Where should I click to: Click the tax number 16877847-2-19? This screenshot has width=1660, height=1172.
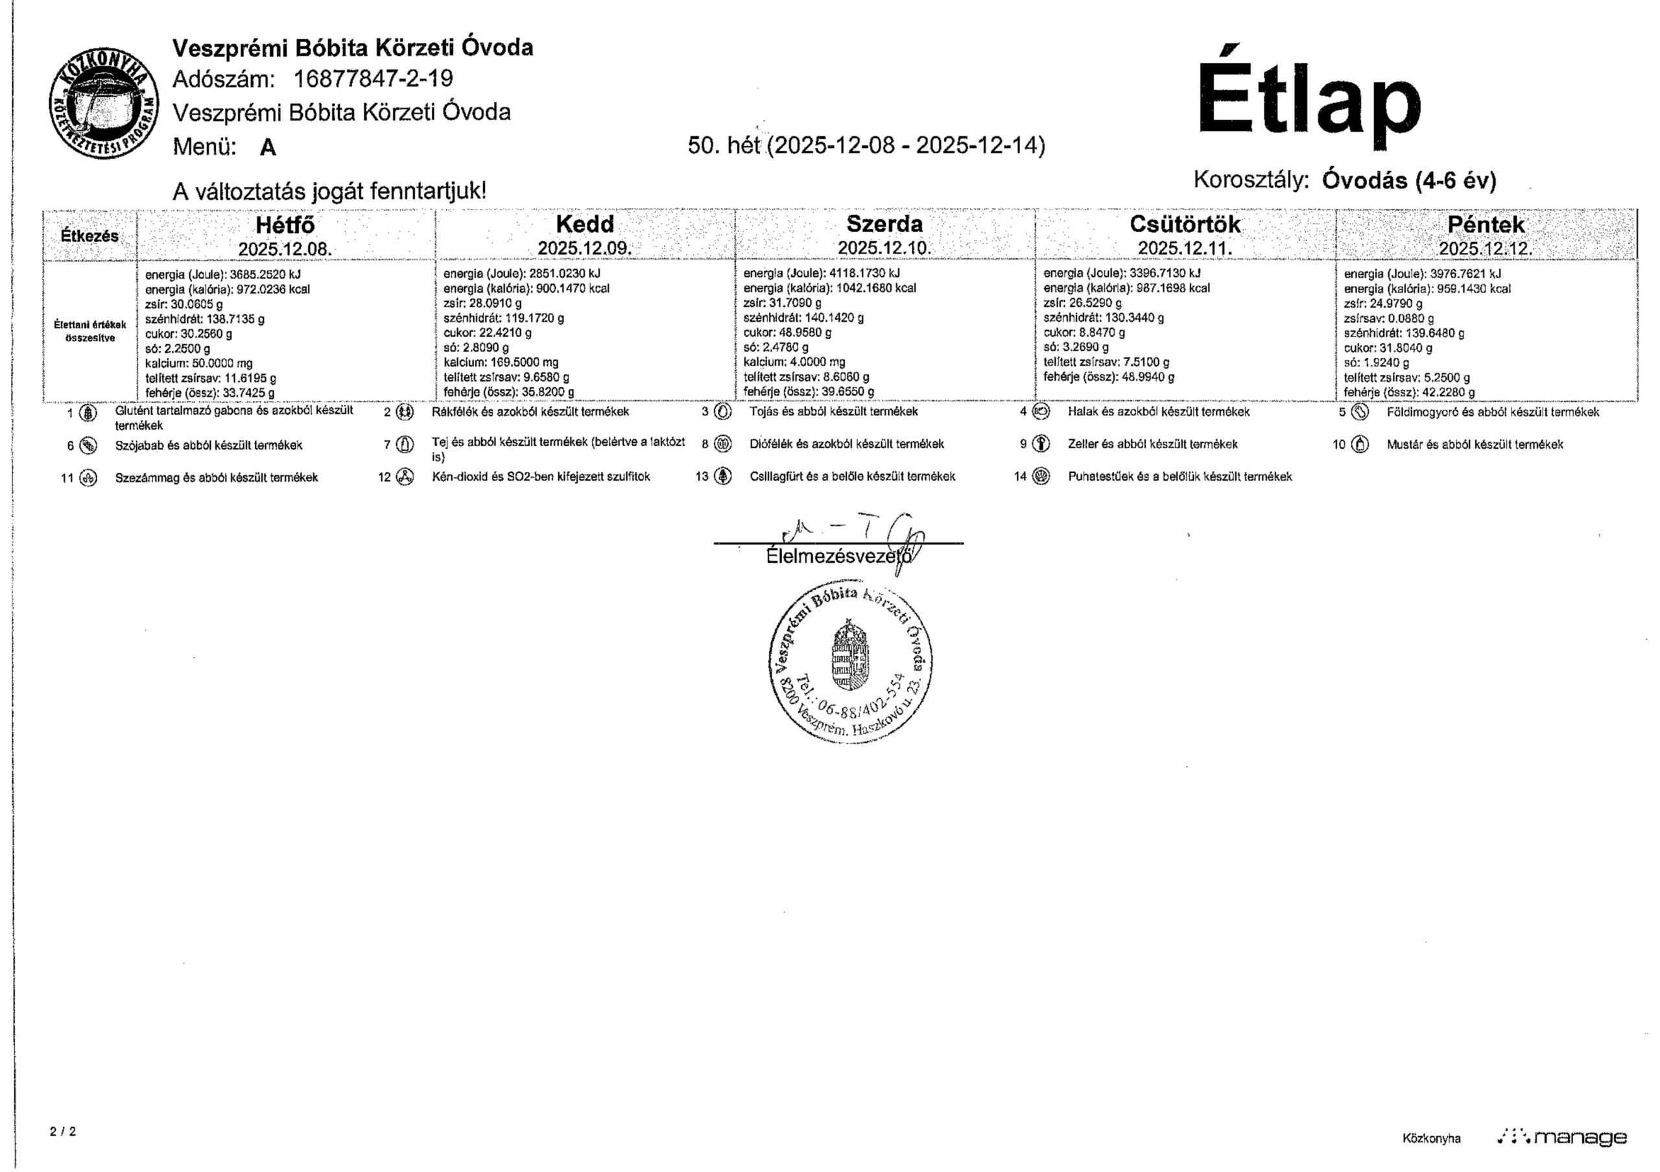[373, 78]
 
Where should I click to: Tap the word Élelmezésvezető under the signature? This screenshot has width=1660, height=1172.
[838, 556]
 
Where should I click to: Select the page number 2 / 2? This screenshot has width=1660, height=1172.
[63, 1132]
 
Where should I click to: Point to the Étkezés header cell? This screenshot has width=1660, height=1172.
[89, 235]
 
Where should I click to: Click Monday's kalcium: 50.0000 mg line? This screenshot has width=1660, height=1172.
[199, 363]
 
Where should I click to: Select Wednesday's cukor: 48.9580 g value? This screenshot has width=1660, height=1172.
[787, 333]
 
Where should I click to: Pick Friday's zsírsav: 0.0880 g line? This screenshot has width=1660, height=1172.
[1389, 318]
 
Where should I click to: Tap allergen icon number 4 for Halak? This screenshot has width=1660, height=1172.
[1041, 411]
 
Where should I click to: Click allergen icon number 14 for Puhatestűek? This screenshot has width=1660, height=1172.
[1041, 477]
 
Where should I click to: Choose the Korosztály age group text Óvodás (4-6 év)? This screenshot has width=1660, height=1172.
[1408, 180]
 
